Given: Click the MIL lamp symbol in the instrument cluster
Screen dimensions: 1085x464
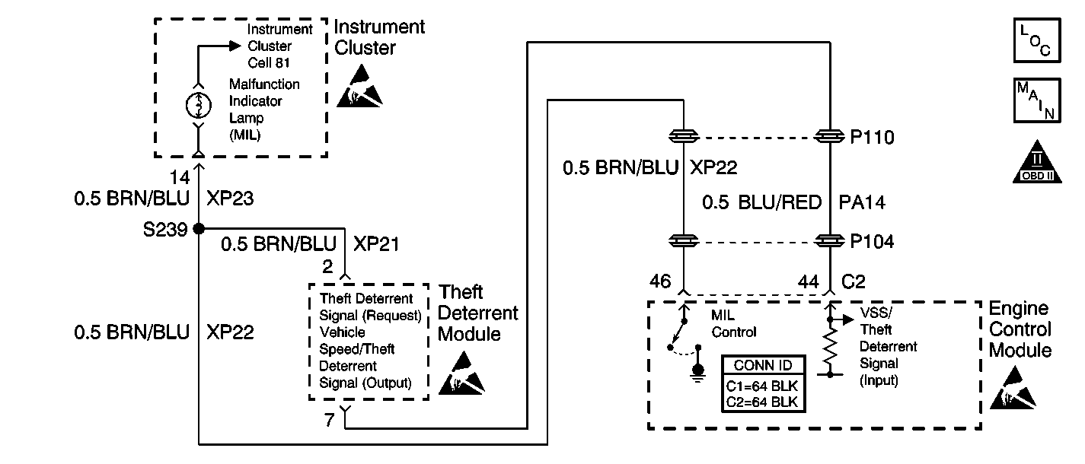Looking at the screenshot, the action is [x=199, y=105].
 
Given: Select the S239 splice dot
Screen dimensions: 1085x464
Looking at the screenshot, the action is [x=199, y=229].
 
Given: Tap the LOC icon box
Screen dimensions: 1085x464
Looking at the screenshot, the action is [x=1037, y=40].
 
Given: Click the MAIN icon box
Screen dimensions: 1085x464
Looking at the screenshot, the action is [x=1037, y=100].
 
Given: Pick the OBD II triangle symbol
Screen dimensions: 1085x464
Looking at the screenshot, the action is [x=1037, y=162].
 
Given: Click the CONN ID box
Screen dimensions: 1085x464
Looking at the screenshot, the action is [x=764, y=383].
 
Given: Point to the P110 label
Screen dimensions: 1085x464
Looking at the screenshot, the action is [x=872, y=138].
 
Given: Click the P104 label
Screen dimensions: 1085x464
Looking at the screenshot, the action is [x=872, y=241].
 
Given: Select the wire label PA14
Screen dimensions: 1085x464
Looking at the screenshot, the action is [x=862, y=202].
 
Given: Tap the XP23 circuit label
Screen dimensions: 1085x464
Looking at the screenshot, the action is [x=230, y=199].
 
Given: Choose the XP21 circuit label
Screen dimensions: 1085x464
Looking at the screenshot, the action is [x=376, y=244].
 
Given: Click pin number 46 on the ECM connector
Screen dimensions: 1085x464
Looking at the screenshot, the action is [x=660, y=281].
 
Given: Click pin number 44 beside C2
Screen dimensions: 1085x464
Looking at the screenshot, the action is [x=809, y=281].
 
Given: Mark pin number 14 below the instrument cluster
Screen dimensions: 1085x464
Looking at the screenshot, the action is [x=180, y=177].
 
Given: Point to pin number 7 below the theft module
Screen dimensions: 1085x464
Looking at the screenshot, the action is [x=330, y=420].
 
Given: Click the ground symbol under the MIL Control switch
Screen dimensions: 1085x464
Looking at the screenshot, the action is [x=698, y=373].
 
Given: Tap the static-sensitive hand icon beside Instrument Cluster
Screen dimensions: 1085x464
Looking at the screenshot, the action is [x=359, y=86].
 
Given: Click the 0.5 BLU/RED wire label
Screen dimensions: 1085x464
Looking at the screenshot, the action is [x=762, y=202].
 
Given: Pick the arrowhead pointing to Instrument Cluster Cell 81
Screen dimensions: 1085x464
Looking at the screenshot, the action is [x=235, y=46].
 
